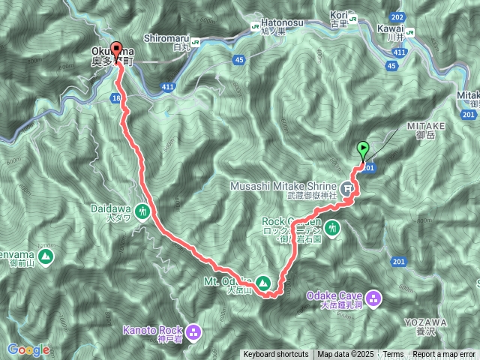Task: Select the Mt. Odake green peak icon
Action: [263, 283]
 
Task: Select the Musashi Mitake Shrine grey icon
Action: [348, 187]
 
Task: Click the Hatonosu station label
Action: [280, 23]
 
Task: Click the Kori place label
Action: [340, 14]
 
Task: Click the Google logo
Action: [28, 349]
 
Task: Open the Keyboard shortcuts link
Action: [275, 355]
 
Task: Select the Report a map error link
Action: [444, 355]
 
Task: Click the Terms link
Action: [393, 355]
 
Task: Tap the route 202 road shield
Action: [397, 16]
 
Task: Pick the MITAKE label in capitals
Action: [427, 127]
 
